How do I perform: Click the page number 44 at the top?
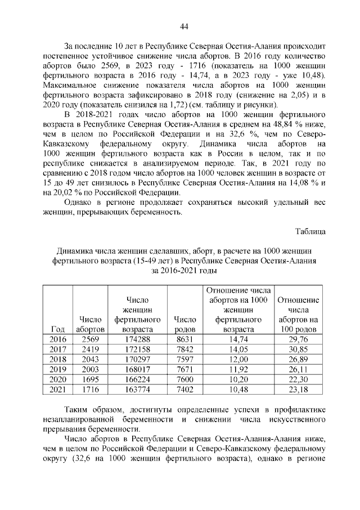coord(183,26)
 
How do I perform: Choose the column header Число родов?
coord(185,324)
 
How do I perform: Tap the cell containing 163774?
coord(138,389)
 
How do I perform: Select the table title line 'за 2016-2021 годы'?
coord(184,271)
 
